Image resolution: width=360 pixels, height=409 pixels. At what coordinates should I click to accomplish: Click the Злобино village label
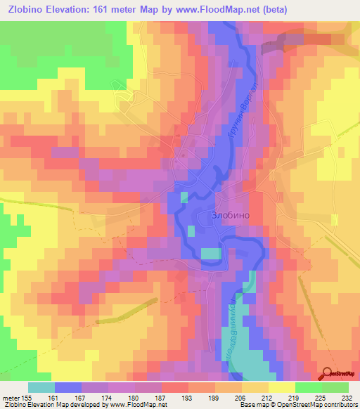coord(231,216)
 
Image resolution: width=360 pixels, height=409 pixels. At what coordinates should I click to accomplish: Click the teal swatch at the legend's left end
coord(41,387)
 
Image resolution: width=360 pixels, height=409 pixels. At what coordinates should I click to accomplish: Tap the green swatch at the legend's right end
coord(335,387)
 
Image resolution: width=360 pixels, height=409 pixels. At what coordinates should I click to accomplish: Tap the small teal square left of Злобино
coord(191,231)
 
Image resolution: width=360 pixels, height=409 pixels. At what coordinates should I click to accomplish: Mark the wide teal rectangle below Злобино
coord(210,253)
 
